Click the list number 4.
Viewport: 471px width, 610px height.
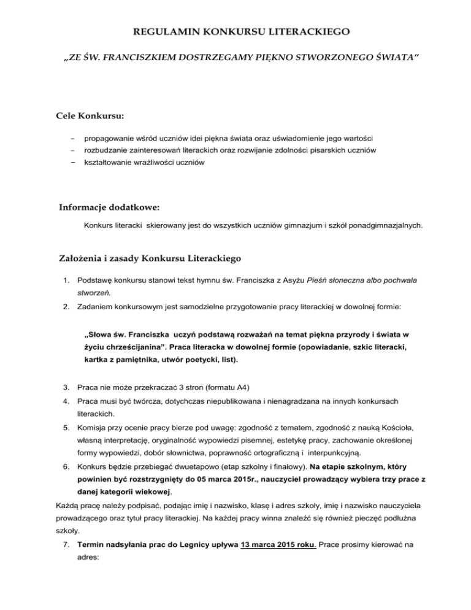pyautogui.click(x=69, y=402)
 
